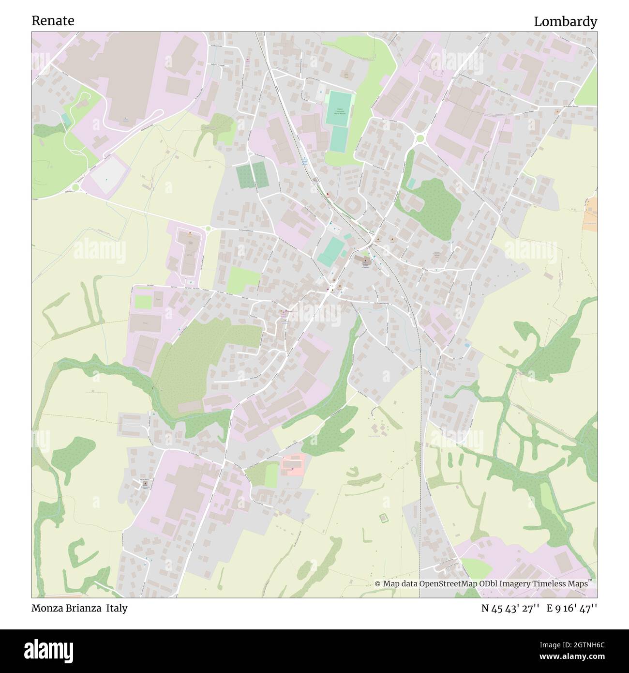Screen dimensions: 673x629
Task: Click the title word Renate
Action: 53,21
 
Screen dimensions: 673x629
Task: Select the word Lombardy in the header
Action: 565,22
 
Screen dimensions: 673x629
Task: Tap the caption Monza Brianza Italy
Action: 79,608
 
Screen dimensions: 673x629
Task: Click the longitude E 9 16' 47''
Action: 571,609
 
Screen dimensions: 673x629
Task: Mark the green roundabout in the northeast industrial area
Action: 419,139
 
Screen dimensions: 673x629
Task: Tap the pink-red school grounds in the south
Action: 294,464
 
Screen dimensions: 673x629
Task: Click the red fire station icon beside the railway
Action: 328,194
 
